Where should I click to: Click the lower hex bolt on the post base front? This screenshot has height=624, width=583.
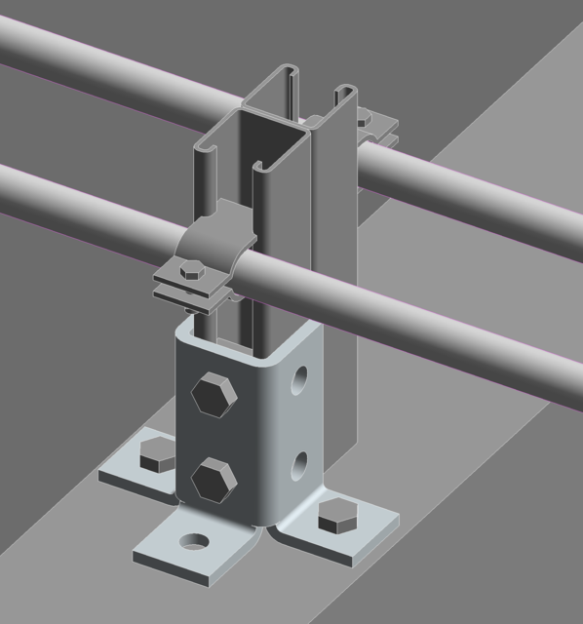[212, 480]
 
